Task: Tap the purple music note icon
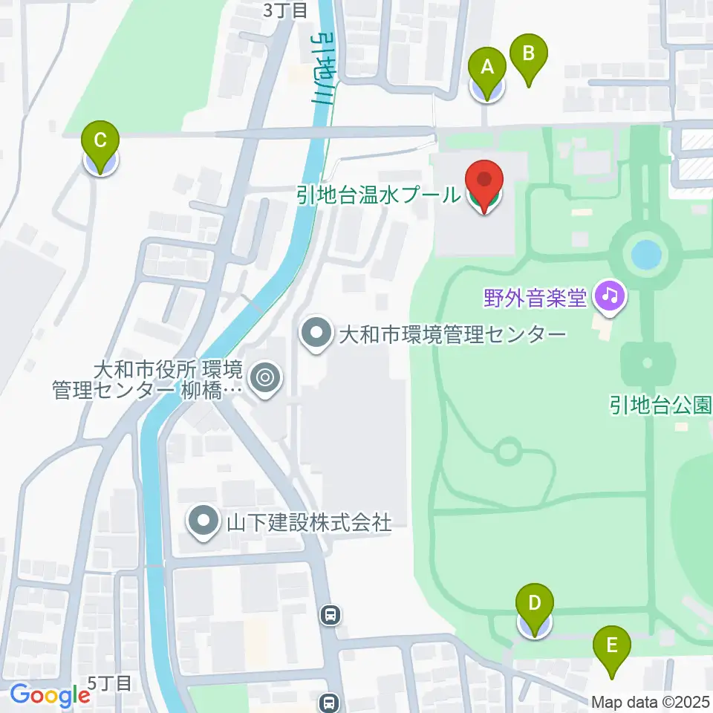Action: click(x=610, y=297)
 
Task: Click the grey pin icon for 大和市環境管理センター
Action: click(x=316, y=333)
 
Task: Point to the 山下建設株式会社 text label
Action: click(x=308, y=522)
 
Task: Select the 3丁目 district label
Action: click(x=285, y=10)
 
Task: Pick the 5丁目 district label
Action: click(x=110, y=683)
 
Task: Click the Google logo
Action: click(x=50, y=695)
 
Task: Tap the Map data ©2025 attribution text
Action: click(x=651, y=702)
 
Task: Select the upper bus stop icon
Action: click(x=331, y=614)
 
